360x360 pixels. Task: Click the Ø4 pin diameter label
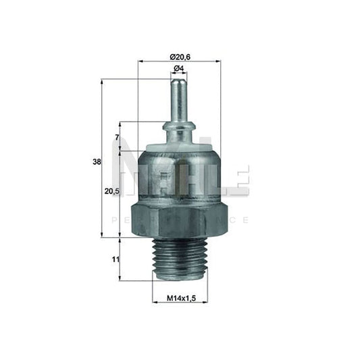[180, 69]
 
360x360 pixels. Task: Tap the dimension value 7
[117, 138]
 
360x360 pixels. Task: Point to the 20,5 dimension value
[112, 192]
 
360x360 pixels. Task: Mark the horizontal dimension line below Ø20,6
[179, 61]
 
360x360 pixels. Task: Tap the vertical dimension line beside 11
[120, 259]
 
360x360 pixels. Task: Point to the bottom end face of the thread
[179, 279]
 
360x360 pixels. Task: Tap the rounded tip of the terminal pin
[179, 80]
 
